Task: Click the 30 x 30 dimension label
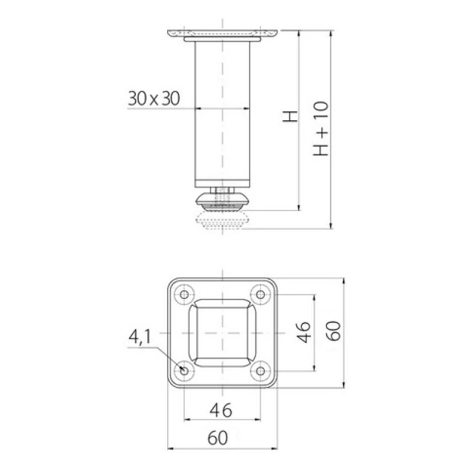(x=154, y=98)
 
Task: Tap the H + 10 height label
(x=321, y=128)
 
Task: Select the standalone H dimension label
(x=290, y=116)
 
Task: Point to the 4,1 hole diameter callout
(x=140, y=337)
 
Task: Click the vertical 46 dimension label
(x=303, y=332)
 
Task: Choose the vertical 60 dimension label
(x=333, y=331)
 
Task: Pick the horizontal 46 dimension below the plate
(x=221, y=410)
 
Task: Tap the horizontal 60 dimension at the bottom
(x=217, y=437)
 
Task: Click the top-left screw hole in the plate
(x=184, y=295)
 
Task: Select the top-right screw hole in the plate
(x=260, y=295)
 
